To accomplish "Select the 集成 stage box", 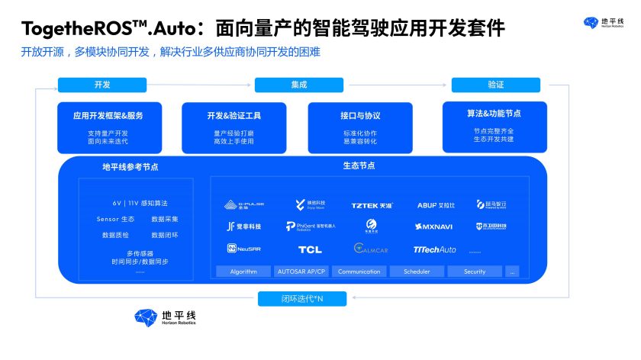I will (298, 85).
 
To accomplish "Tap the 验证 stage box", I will (495, 85).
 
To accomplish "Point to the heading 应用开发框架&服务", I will (108, 116).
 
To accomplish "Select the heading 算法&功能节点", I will (494, 114).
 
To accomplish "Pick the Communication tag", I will (359, 272).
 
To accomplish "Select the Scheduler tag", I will (417, 272).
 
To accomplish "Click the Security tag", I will (474, 272).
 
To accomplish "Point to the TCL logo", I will (310, 249).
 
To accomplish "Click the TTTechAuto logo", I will (434, 249).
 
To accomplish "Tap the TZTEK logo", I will (372, 205).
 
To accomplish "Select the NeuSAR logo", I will (243, 249).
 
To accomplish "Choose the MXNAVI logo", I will (434, 227).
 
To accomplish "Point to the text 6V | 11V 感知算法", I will (140, 204).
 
